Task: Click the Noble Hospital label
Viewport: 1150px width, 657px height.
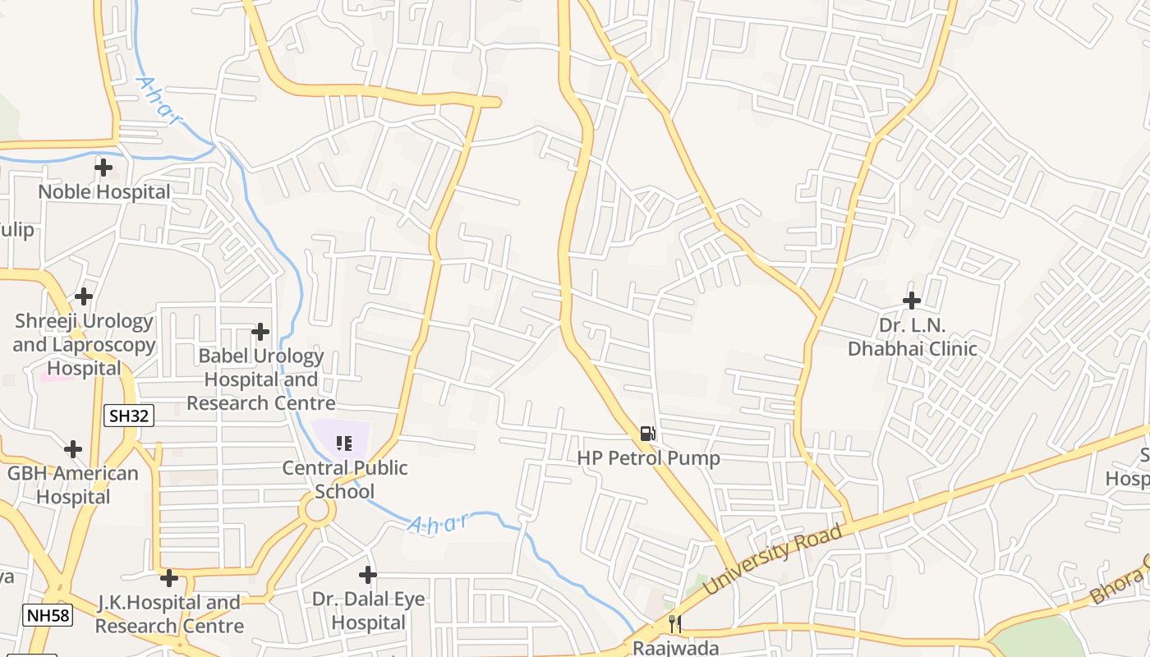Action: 104,192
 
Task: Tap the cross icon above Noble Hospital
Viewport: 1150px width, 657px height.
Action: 103,168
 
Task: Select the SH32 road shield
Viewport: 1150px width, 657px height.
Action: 130,416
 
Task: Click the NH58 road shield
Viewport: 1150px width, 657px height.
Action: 48,615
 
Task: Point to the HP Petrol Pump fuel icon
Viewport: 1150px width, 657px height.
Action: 648,433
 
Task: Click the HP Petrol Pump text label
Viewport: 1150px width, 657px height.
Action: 648,458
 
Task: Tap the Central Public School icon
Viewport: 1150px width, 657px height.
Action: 344,443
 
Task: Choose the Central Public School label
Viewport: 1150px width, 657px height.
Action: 345,480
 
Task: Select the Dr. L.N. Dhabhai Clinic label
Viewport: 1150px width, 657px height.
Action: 912,337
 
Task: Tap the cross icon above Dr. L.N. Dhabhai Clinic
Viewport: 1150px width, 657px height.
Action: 912,301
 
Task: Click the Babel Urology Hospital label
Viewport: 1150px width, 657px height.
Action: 261,379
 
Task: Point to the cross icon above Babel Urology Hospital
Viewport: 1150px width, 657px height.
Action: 260,332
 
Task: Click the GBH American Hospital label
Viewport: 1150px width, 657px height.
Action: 73,485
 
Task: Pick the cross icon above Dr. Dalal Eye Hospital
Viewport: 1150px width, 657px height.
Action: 368,574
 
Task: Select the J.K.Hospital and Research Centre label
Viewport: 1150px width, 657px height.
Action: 169,614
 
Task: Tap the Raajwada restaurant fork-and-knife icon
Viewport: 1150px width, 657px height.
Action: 674,624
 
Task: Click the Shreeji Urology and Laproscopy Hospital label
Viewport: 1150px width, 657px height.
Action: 84,344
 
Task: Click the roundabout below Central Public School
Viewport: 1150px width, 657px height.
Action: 317,511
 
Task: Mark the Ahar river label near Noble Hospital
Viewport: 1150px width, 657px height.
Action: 158,102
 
